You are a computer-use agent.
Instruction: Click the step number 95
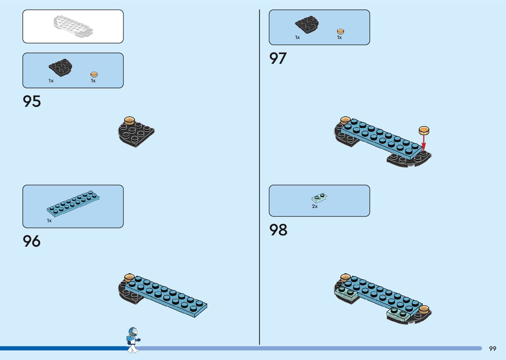pyautogui.click(x=32, y=101)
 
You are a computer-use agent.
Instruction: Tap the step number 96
pyautogui.click(x=32, y=241)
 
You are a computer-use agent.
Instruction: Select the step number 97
pyautogui.click(x=278, y=58)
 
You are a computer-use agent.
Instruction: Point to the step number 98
pyautogui.click(x=278, y=230)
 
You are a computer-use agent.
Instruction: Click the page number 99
pyautogui.click(x=492, y=348)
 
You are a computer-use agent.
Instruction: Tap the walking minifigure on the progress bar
pyautogui.click(x=133, y=340)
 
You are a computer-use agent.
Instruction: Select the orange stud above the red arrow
pyautogui.click(x=424, y=130)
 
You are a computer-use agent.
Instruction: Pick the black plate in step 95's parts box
pyautogui.click(x=60, y=67)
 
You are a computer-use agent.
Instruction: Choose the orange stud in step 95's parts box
pyautogui.click(x=94, y=74)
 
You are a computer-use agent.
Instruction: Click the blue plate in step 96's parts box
pyautogui.click(x=73, y=203)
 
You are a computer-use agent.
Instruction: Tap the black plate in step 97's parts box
pyautogui.click(x=307, y=24)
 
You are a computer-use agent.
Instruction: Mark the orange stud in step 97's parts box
pyautogui.click(x=340, y=31)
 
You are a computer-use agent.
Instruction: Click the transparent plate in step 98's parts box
pyautogui.click(x=319, y=198)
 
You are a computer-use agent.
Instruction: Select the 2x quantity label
pyautogui.click(x=315, y=206)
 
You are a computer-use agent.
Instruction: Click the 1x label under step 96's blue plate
pyautogui.click(x=49, y=220)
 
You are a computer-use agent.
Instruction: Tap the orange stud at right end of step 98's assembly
pyautogui.click(x=424, y=310)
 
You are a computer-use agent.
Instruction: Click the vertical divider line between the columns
pyautogui.click(x=259, y=179)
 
